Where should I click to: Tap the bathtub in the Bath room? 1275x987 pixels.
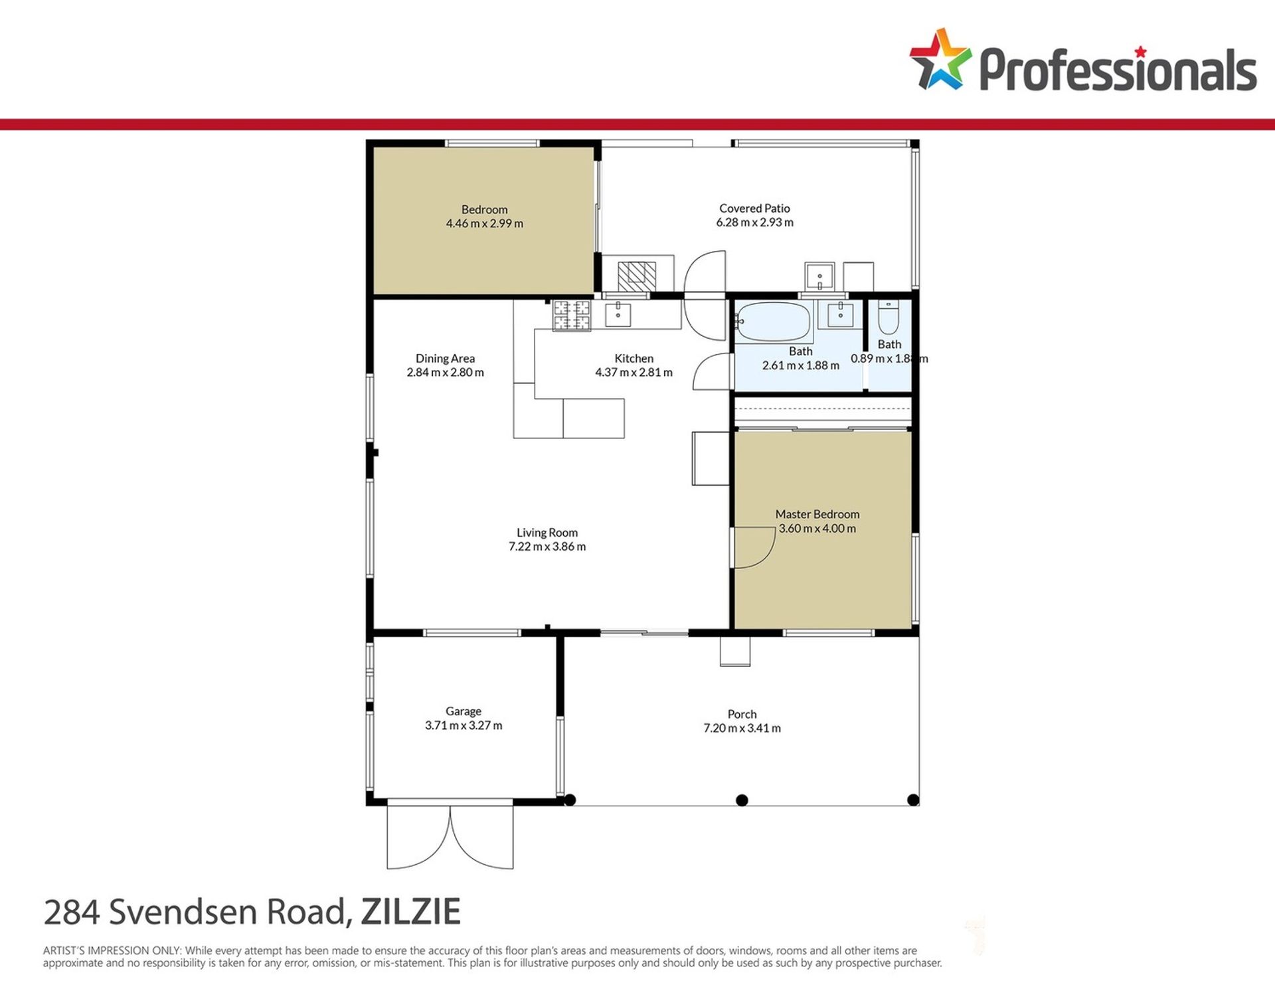[x=772, y=322]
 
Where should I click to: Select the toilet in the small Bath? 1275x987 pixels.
[x=888, y=317]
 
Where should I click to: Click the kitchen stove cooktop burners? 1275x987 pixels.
[x=572, y=315]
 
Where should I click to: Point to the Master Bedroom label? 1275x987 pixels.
[x=817, y=514]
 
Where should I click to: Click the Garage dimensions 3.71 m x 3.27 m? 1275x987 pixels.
[x=464, y=725]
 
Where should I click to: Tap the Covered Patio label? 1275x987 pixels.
[x=754, y=209]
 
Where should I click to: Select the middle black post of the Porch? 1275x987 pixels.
[x=742, y=800]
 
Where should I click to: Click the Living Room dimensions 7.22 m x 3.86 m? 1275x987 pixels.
[x=547, y=547]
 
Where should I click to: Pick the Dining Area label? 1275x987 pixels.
[x=445, y=359]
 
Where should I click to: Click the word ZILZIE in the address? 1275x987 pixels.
[x=410, y=911]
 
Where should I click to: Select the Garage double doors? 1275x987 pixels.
[x=450, y=837]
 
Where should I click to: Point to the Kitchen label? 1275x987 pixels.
[x=634, y=359]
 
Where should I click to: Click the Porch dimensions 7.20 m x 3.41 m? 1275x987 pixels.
[x=742, y=728]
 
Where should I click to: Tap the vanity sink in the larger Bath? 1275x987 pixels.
[x=840, y=314]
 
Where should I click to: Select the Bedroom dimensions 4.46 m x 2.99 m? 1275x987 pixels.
[x=485, y=224]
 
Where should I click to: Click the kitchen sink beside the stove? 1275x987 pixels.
[x=618, y=315]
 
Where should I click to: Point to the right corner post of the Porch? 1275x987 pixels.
[x=913, y=800]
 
